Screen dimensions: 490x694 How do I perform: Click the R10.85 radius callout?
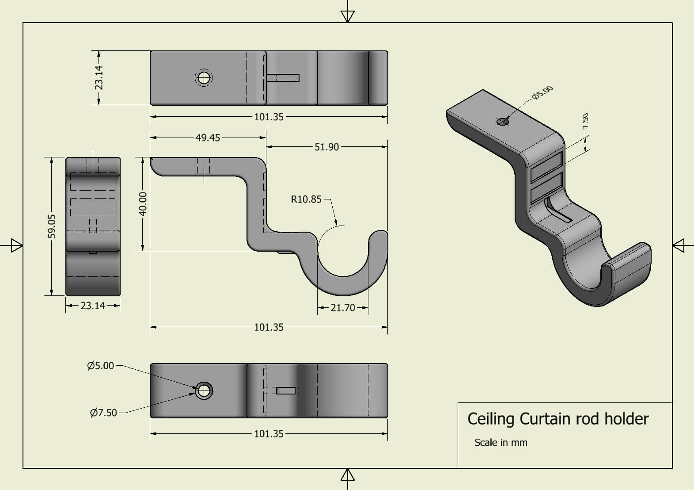(x=306, y=199)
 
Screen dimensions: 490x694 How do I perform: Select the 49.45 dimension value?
(x=208, y=138)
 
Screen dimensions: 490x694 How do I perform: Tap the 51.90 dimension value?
(x=326, y=147)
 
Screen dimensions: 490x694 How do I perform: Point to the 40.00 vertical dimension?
(x=143, y=204)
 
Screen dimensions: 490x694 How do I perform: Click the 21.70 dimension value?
(x=342, y=308)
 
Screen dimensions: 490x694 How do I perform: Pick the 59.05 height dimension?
(x=52, y=226)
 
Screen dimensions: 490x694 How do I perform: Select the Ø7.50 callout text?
(x=103, y=413)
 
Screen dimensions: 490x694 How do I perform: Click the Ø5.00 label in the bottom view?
(x=101, y=366)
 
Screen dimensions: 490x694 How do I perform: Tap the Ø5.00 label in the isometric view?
(x=542, y=93)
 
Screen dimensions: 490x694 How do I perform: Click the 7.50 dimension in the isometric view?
(x=585, y=121)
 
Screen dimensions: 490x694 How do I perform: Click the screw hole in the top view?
(x=203, y=78)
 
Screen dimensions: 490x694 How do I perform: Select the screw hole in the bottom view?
(x=204, y=391)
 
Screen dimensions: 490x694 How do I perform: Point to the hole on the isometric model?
(x=503, y=122)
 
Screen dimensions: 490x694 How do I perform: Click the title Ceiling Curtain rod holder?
(x=557, y=419)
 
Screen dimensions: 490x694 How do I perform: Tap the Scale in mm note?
(x=501, y=443)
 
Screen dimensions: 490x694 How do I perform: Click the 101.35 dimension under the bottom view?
(x=269, y=434)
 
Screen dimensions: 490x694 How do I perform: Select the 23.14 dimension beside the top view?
(x=99, y=77)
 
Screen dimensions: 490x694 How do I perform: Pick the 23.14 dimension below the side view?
(x=93, y=306)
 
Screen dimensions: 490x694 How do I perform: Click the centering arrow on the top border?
(x=348, y=16)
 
